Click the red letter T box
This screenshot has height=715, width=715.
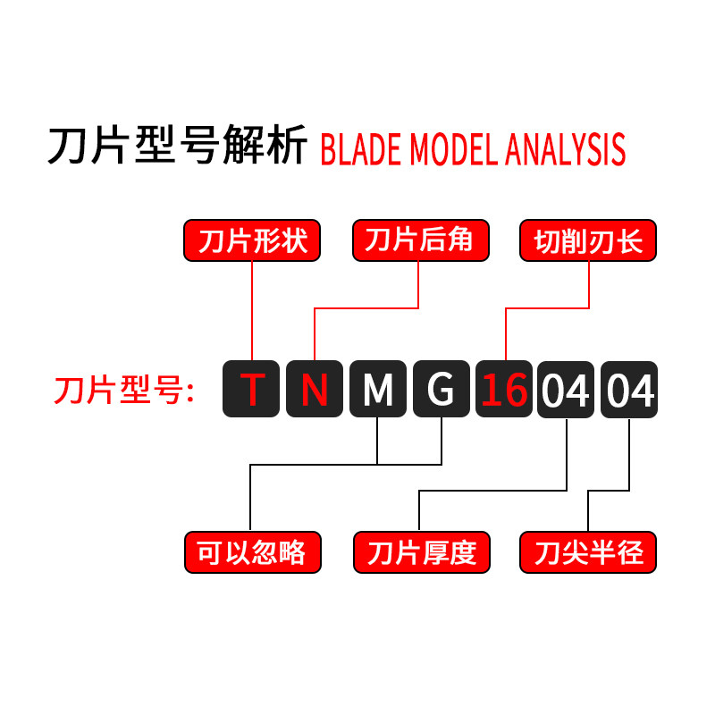(253, 389)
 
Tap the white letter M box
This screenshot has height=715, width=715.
(378, 389)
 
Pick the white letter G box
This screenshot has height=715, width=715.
(441, 389)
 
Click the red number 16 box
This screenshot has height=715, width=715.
(503, 389)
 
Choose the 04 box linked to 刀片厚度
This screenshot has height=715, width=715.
(566, 389)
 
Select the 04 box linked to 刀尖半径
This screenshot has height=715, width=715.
(629, 389)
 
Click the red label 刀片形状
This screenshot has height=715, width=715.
(252, 241)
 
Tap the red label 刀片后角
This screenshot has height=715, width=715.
(420, 241)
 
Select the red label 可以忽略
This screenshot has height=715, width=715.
(252, 552)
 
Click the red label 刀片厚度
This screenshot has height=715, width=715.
(420, 552)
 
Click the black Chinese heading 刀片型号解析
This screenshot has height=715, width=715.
(178, 146)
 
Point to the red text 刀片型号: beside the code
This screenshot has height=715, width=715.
(124, 391)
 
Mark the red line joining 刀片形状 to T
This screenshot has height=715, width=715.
(253, 308)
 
